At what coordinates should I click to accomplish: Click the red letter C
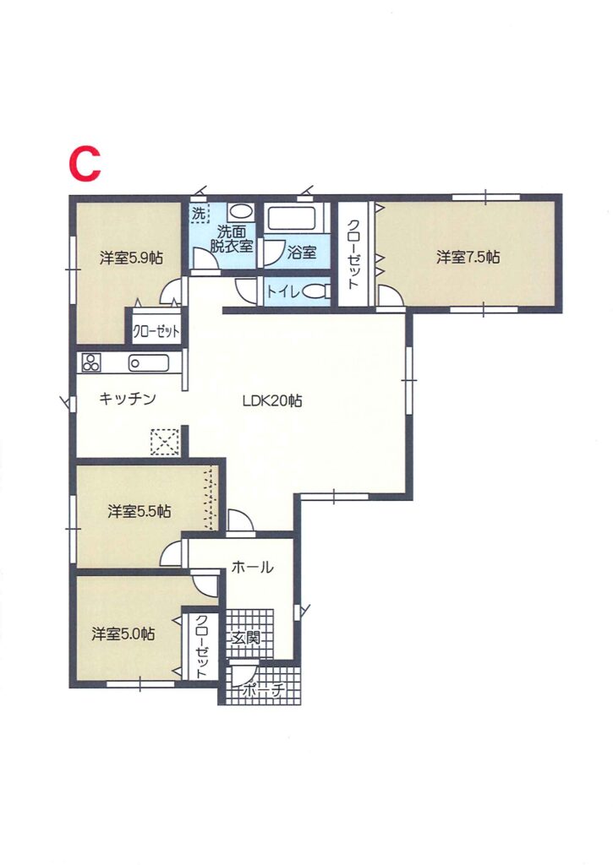(x=85, y=165)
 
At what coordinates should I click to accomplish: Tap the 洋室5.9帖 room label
(x=131, y=258)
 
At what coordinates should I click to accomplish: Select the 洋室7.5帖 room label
(x=468, y=257)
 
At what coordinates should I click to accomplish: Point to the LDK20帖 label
(x=272, y=400)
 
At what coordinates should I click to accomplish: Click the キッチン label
(x=128, y=399)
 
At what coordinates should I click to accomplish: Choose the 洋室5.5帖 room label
(x=140, y=511)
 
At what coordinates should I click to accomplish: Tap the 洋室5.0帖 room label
(x=123, y=634)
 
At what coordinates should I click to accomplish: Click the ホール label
(x=252, y=567)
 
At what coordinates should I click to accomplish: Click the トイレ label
(x=283, y=291)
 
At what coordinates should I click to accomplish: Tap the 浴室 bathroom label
(x=302, y=253)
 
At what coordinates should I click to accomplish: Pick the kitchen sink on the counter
(x=149, y=363)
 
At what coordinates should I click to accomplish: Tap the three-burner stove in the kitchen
(x=91, y=362)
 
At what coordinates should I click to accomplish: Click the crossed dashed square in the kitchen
(x=165, y=442)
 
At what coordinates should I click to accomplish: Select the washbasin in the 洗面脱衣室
(x=240, y=212)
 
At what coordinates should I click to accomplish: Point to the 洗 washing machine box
(x=200, y=214)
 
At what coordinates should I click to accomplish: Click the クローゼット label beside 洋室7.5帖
(x=353, y=253)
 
